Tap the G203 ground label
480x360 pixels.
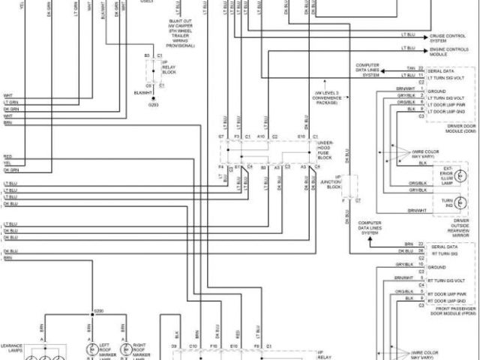[x=154, y=104]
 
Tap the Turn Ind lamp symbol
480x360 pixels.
[x=462, y=203]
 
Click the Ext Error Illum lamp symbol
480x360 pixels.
[x=462, y=175]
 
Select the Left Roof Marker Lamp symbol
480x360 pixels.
[x=93, y=349]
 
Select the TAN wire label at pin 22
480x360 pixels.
[x=410, y=67]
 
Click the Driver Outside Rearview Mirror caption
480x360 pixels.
[x=450, y=230]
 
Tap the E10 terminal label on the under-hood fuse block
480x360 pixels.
[x=300, y=136]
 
